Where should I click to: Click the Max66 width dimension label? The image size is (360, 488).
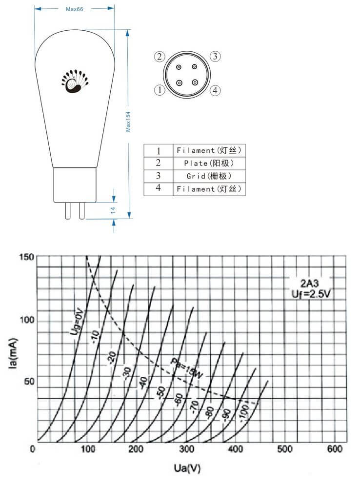click(74, 9)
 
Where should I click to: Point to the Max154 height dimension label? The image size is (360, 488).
click(128, 122)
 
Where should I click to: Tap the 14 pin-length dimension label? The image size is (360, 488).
click(113, 210)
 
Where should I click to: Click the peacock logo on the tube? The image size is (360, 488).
click(75, 81)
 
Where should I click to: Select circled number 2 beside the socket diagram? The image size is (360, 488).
click(160, 57)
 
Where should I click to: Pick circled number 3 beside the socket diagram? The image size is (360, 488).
click(215, 56)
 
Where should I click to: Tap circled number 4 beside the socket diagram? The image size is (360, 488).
click(215, 91)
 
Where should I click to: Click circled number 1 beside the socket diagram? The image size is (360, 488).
click(160, 90)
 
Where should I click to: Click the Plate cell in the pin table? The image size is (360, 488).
click(209, 163)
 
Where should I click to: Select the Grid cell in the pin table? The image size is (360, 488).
click(209, 176)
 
